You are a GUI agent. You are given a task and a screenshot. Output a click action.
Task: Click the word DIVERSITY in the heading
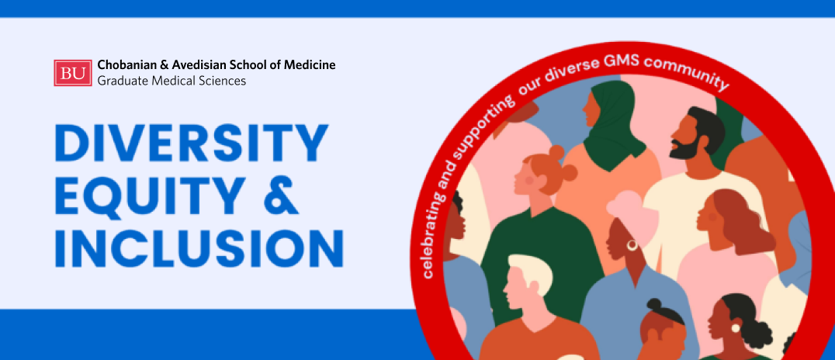tap(191, 142)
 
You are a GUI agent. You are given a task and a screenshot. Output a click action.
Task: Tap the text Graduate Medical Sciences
tap(172, 81)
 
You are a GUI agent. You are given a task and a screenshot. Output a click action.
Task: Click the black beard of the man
tap(684, 150)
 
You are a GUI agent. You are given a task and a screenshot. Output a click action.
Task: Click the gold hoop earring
tap(632, 245)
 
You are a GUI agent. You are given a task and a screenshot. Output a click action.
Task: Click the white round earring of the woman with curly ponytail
tap(736, 327)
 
